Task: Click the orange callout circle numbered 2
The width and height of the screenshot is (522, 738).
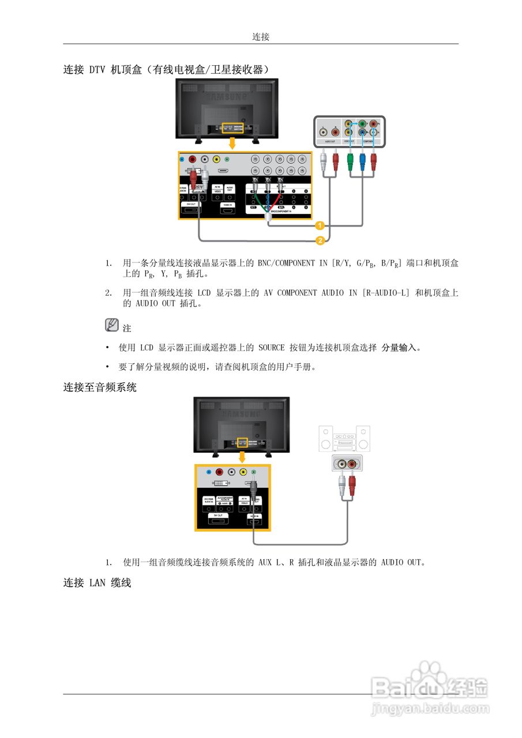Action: point(319,239)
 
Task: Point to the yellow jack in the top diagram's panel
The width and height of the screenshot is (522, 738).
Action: point(216,161)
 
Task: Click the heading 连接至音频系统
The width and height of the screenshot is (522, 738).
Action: point(100,387)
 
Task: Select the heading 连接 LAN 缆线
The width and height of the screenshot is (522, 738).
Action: point(97,583)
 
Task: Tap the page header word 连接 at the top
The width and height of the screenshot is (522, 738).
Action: point(261,36)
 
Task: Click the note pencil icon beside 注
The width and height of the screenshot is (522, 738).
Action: point(112,325)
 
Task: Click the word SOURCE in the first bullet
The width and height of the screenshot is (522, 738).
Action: point(271,348)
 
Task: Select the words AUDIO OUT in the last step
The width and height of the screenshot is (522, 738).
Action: point(401,562)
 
